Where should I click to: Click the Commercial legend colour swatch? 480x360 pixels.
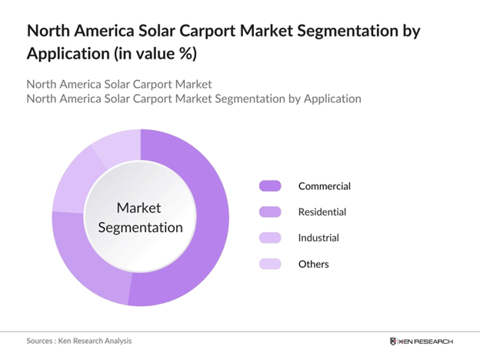click(x=270, y=186)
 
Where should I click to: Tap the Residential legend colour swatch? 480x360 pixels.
click(x=270, y=212)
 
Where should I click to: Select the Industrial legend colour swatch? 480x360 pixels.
click(x=270, y=238)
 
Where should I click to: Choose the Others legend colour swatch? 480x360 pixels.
click(x=270, y=265)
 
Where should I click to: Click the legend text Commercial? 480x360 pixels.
click(x=324, y=186)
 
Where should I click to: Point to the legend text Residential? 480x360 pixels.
click(x=322, y=212)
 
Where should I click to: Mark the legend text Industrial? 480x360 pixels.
click(x=318, y=238)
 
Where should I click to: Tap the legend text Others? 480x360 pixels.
click(x=313, y=265)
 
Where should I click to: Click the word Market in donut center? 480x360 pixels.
click(x=139, y=208)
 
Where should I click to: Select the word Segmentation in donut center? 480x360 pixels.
click(x=139, y=228)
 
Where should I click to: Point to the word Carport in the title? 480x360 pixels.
click(x=228, y=32)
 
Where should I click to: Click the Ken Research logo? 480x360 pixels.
click(x=422, y=341)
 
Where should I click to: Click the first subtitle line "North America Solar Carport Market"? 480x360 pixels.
click(x=119, y=83)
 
